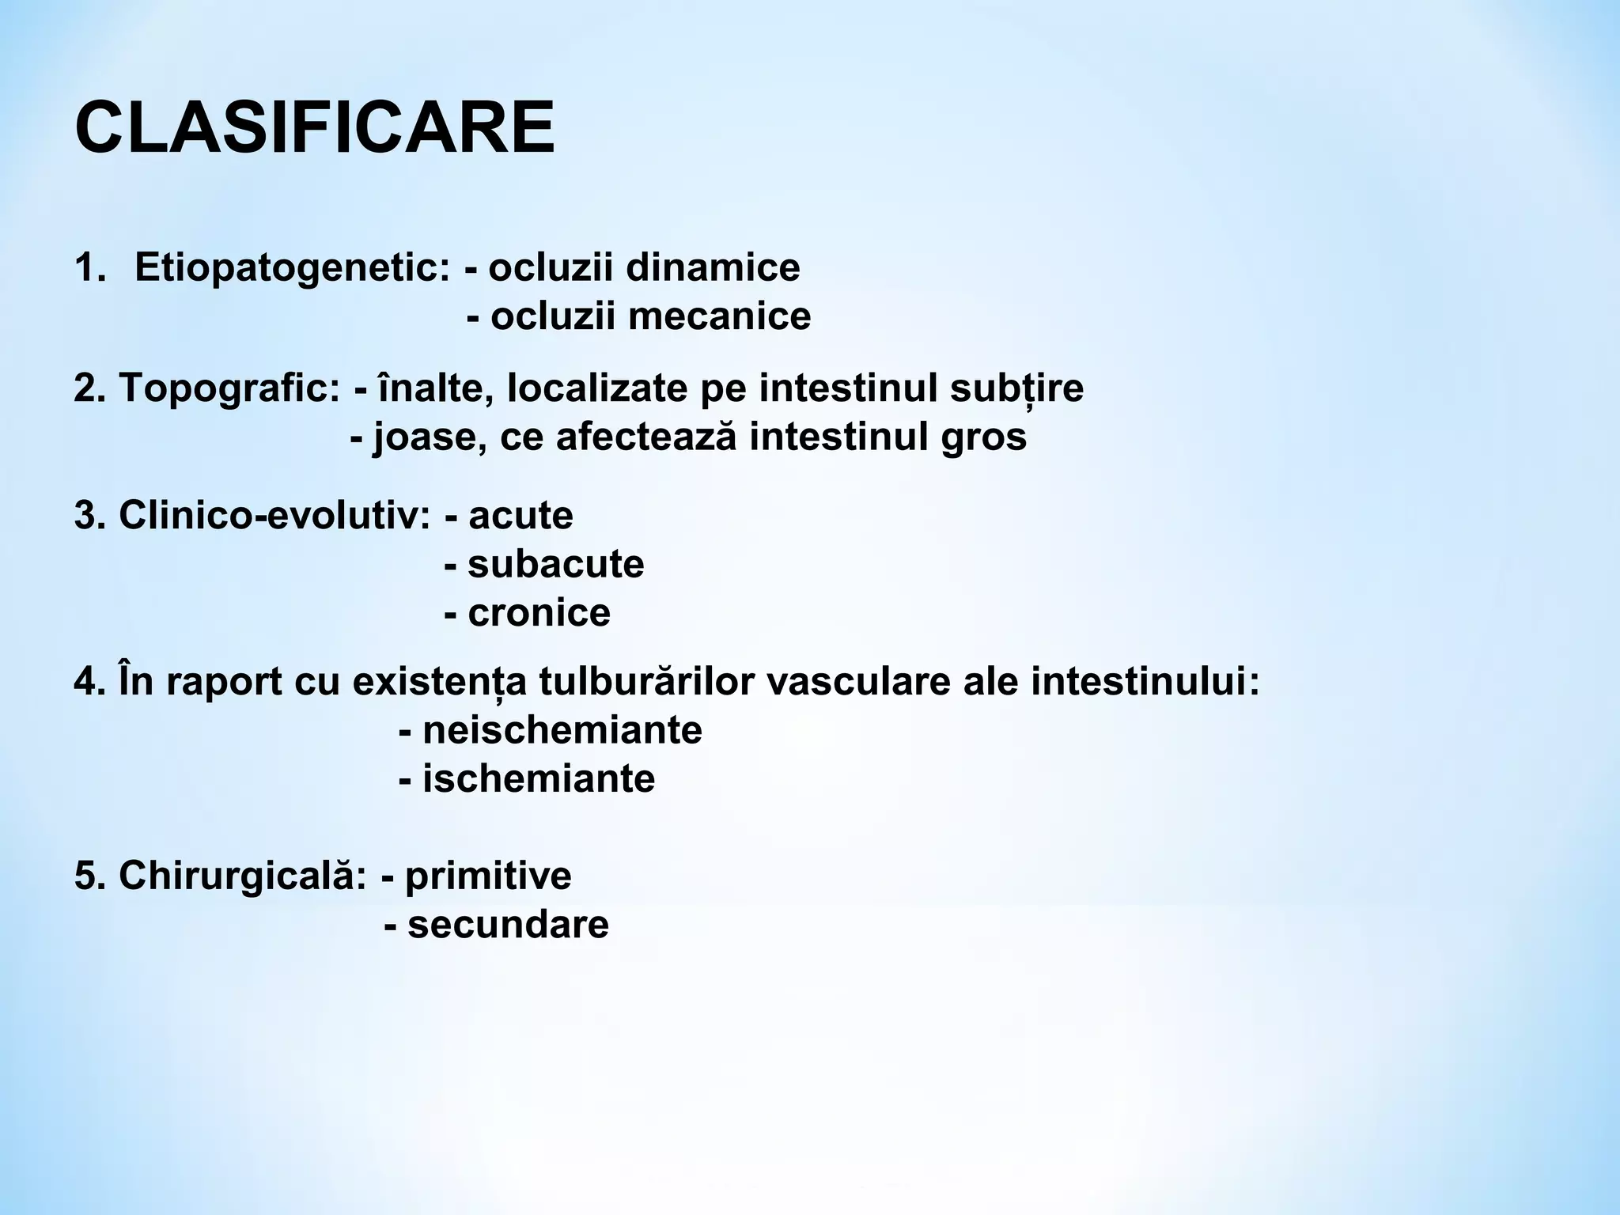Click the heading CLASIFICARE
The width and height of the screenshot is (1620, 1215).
315,128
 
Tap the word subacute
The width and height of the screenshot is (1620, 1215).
556,565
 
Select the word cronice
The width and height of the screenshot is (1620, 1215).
539,613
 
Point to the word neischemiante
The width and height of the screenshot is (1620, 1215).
562,730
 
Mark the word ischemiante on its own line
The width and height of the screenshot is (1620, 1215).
539,779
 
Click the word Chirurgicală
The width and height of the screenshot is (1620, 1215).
242,876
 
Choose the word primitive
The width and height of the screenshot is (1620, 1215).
488,876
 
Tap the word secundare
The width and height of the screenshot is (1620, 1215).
508,925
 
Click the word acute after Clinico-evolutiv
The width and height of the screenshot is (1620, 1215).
520,516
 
